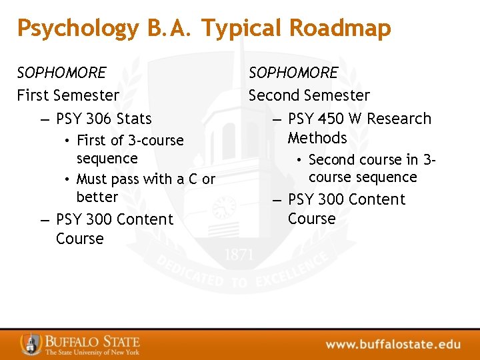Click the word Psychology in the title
(x=78, y=29)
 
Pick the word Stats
(x=134, y=119)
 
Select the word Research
(x=399, y=119)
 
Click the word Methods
(x=317, y=138)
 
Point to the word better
(x=97, y=197)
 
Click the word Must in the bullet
(x=91, y=179)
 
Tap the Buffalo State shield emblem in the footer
(x=31, y=343)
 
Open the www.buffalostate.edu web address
(x=393, y=345)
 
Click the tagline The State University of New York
(x=92, y=352)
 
